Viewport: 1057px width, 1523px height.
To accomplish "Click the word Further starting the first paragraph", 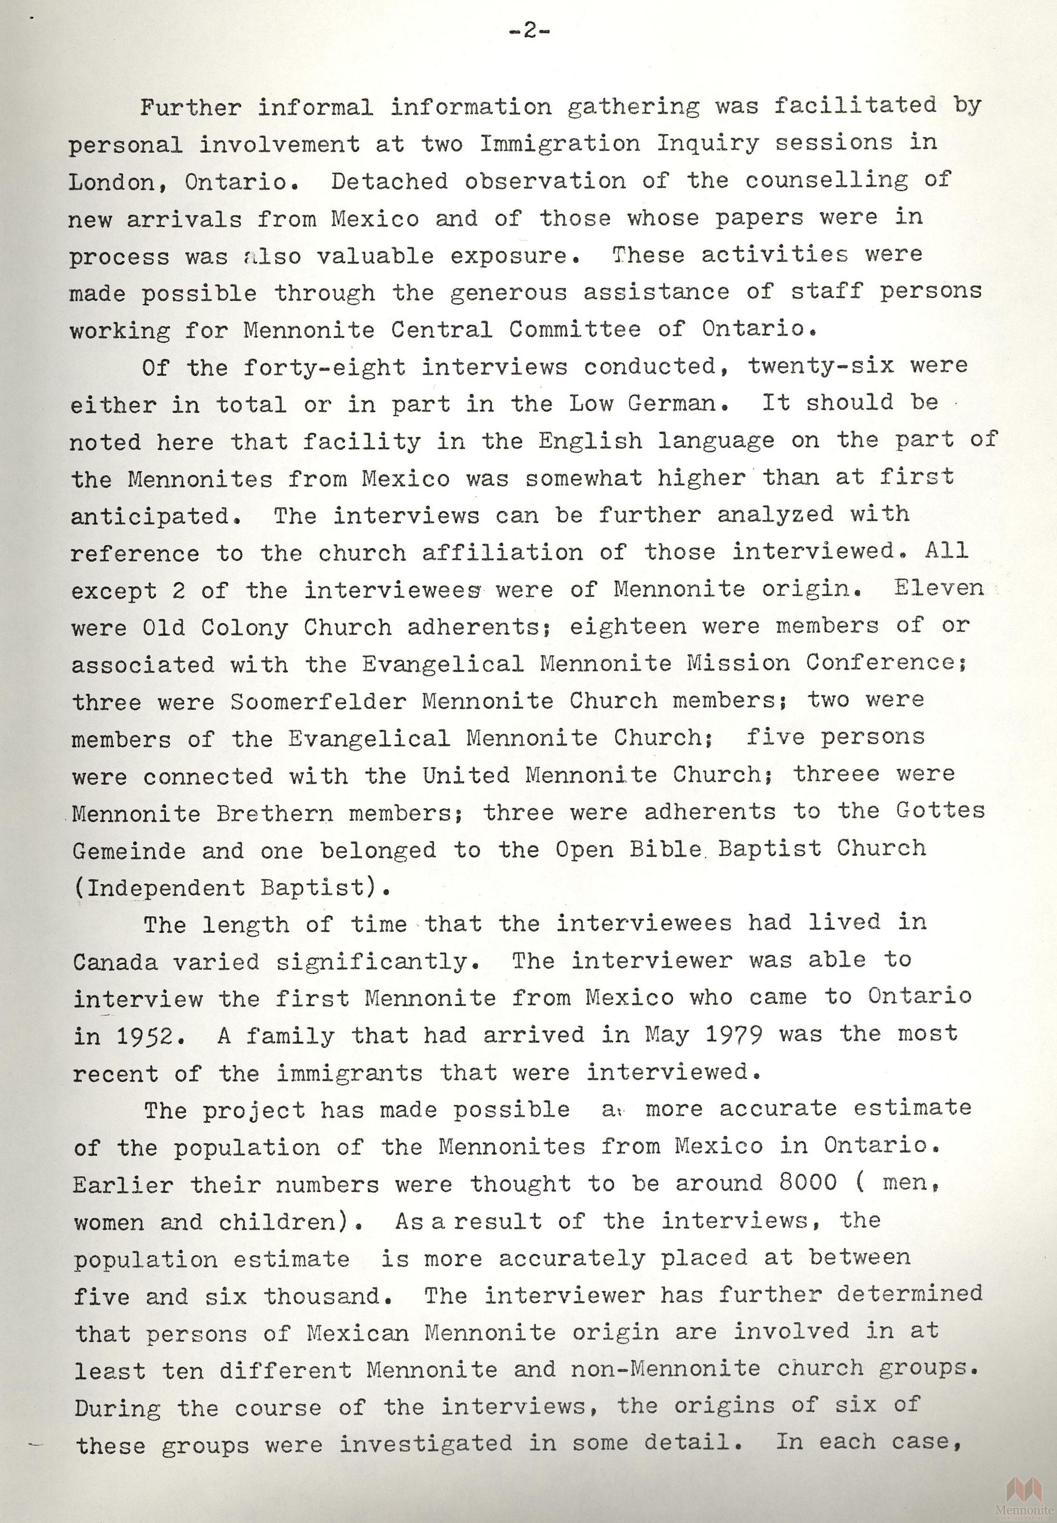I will tap(190, 107).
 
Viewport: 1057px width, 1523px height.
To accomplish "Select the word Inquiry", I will tap(707, 143).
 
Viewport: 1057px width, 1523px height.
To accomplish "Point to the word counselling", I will tap(826, 180).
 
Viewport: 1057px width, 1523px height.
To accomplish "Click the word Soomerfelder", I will tap(318, 701).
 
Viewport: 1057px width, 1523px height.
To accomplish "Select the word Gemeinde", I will tap(129, 850).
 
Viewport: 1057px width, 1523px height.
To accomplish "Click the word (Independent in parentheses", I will tap(159, 887).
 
